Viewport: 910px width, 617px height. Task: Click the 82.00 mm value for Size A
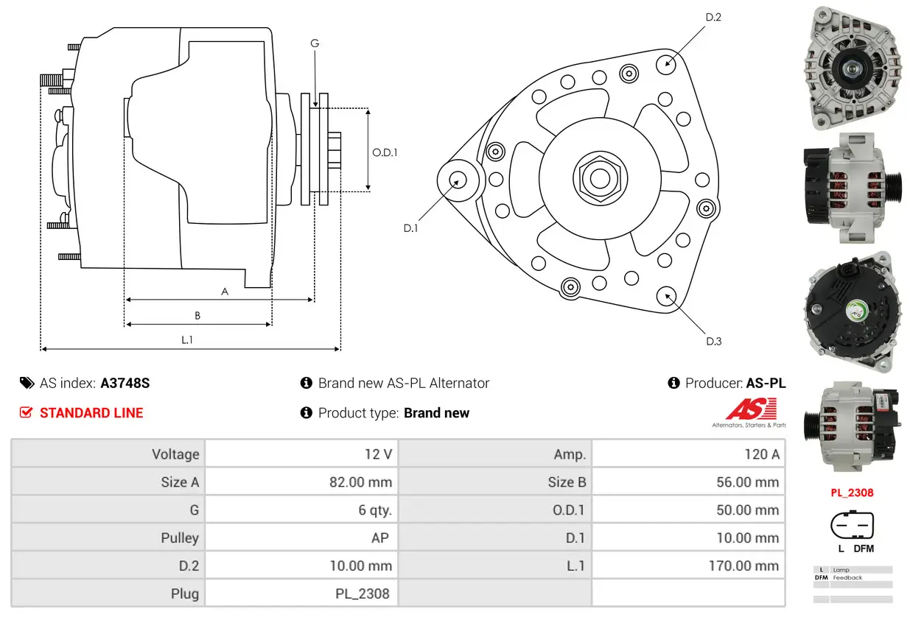coord(360,482)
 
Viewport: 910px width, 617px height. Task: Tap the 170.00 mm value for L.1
coord(747,565)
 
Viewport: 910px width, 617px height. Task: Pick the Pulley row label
coord(180,538)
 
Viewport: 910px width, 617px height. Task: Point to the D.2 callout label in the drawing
coord(713,16)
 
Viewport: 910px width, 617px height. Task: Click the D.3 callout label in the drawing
coord(713,341)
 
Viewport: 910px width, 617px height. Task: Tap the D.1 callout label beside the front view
coord(410,228)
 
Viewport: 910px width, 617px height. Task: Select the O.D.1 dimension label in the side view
coord(385,152)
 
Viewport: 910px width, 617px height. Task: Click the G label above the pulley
coord(315,43)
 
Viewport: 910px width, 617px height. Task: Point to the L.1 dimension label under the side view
coord(187,339)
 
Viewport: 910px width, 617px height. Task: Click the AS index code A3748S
coord(125,383)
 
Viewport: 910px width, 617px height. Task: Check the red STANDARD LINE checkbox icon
coord(27,413)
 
